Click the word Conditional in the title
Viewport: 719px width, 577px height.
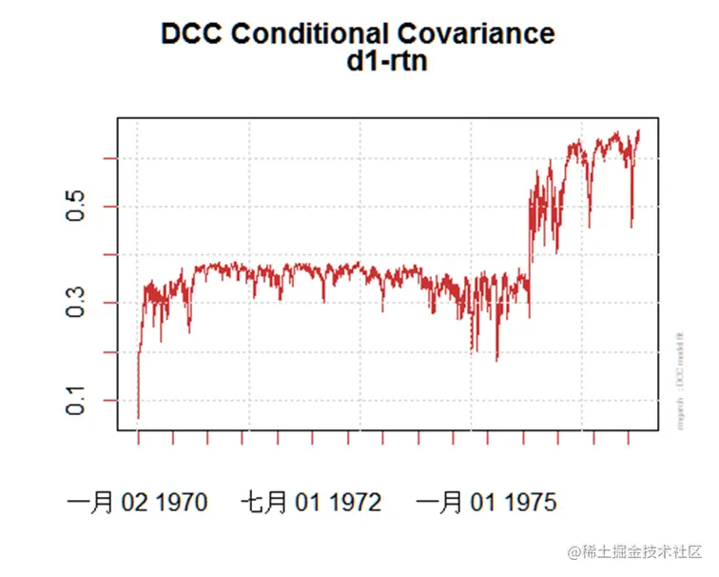tap(304, 33)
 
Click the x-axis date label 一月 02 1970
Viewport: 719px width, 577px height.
tap(138, 502)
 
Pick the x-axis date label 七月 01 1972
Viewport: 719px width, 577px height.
tap(311, 502)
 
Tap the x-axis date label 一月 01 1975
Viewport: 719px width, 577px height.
tap(486, 502)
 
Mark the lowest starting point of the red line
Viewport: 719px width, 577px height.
tap(138, 418)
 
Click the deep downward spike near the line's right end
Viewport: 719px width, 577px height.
tap(632, 226)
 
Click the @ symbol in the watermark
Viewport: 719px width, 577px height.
tap(573, 552)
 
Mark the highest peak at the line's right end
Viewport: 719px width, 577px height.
tap(638, 130)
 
